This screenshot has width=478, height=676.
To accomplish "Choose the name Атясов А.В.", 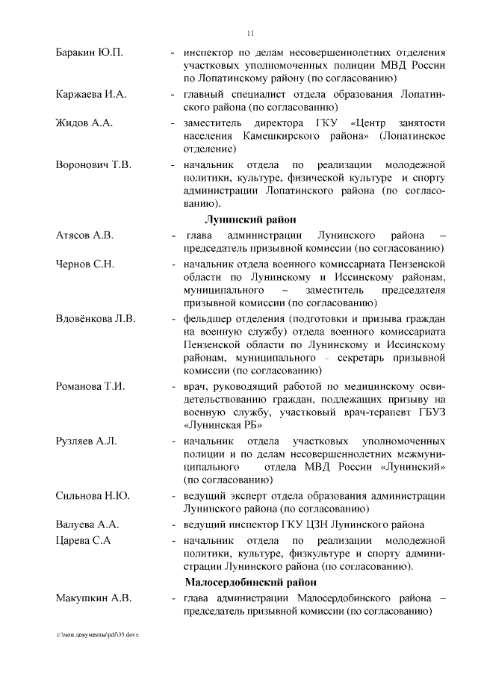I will point(85,235).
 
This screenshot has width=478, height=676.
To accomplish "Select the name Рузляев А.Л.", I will point(86,441).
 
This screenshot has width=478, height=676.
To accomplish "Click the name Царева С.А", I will point(83,540).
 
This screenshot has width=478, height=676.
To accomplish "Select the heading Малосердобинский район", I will point(250,582).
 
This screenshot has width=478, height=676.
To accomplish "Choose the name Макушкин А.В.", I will point(93,598).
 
